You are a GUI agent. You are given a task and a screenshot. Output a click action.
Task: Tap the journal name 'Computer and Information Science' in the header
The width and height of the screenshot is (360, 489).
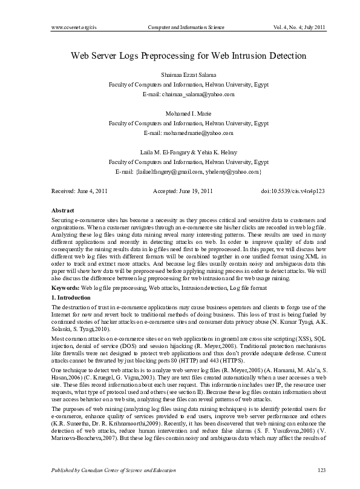tap(186, 28)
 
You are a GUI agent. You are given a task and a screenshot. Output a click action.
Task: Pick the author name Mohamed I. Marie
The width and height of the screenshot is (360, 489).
tap(189, 114)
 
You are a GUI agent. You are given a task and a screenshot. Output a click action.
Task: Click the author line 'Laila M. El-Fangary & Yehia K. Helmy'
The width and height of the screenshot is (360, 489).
tap(189, 153)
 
